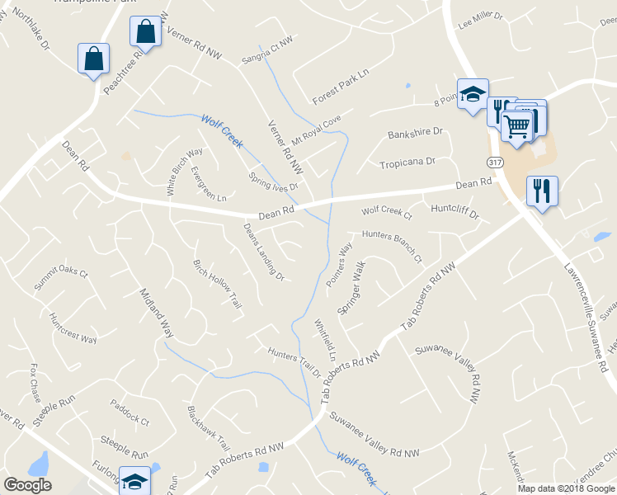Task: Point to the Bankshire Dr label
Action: pos(415,133)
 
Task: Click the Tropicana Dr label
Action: pos(407,163)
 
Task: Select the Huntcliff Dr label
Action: pos(455,211)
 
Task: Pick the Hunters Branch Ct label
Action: pos(392,245)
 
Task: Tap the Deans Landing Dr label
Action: pos(263,252)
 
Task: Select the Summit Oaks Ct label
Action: pos(60,279)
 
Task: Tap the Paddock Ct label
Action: pos(130,412)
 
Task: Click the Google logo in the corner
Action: pos(28,485)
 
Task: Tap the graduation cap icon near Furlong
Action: pos(134,480)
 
